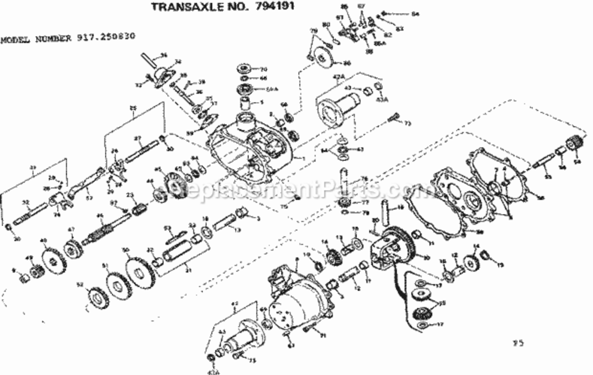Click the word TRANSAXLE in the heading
click(x=184, y=7)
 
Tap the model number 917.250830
click(x=106, y=37)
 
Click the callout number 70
click(x=263, y=68)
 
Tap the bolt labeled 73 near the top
click(x=393, y=118)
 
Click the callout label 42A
click(x=338, y=76)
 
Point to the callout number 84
click(x=414, y=14)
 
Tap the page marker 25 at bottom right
click(x=518, y=343)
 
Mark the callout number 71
click(x=323, y=335)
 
